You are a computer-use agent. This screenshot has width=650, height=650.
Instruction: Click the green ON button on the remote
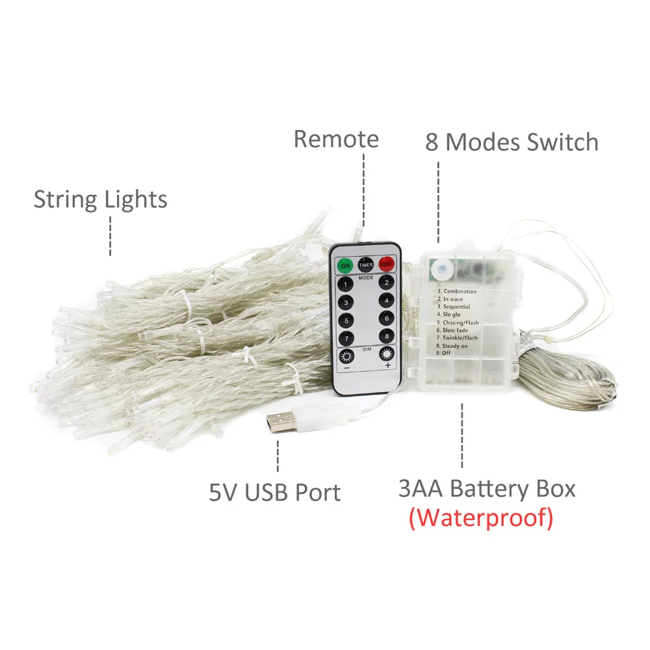(344, 265)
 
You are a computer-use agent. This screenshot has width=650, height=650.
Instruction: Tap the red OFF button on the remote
(387, 264)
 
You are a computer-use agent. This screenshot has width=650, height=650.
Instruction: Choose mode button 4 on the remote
(386, 301)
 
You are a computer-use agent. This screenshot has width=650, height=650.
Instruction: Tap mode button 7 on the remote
(345, 338)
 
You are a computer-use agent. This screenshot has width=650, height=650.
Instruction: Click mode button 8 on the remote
(386, 336)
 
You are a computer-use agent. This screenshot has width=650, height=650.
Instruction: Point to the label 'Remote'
(336, 139)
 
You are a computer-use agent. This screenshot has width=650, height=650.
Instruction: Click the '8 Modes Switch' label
(512, 142)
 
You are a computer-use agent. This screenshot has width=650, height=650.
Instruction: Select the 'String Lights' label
(101, 200)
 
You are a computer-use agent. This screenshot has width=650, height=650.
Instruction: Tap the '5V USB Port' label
(274, 492)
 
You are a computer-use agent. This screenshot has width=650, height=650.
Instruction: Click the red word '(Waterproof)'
(481, 518)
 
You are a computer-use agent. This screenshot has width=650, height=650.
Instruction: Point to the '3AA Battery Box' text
(487, 488)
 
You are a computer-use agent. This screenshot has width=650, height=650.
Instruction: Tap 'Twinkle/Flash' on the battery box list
(460, 338)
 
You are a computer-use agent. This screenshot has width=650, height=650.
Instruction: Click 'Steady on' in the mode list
(455, 346)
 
